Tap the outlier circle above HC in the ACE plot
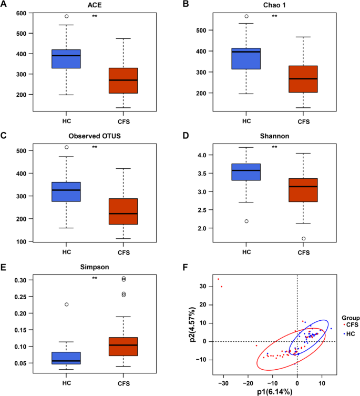66,16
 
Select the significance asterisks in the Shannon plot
274,147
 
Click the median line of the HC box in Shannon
246,170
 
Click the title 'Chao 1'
274,6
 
